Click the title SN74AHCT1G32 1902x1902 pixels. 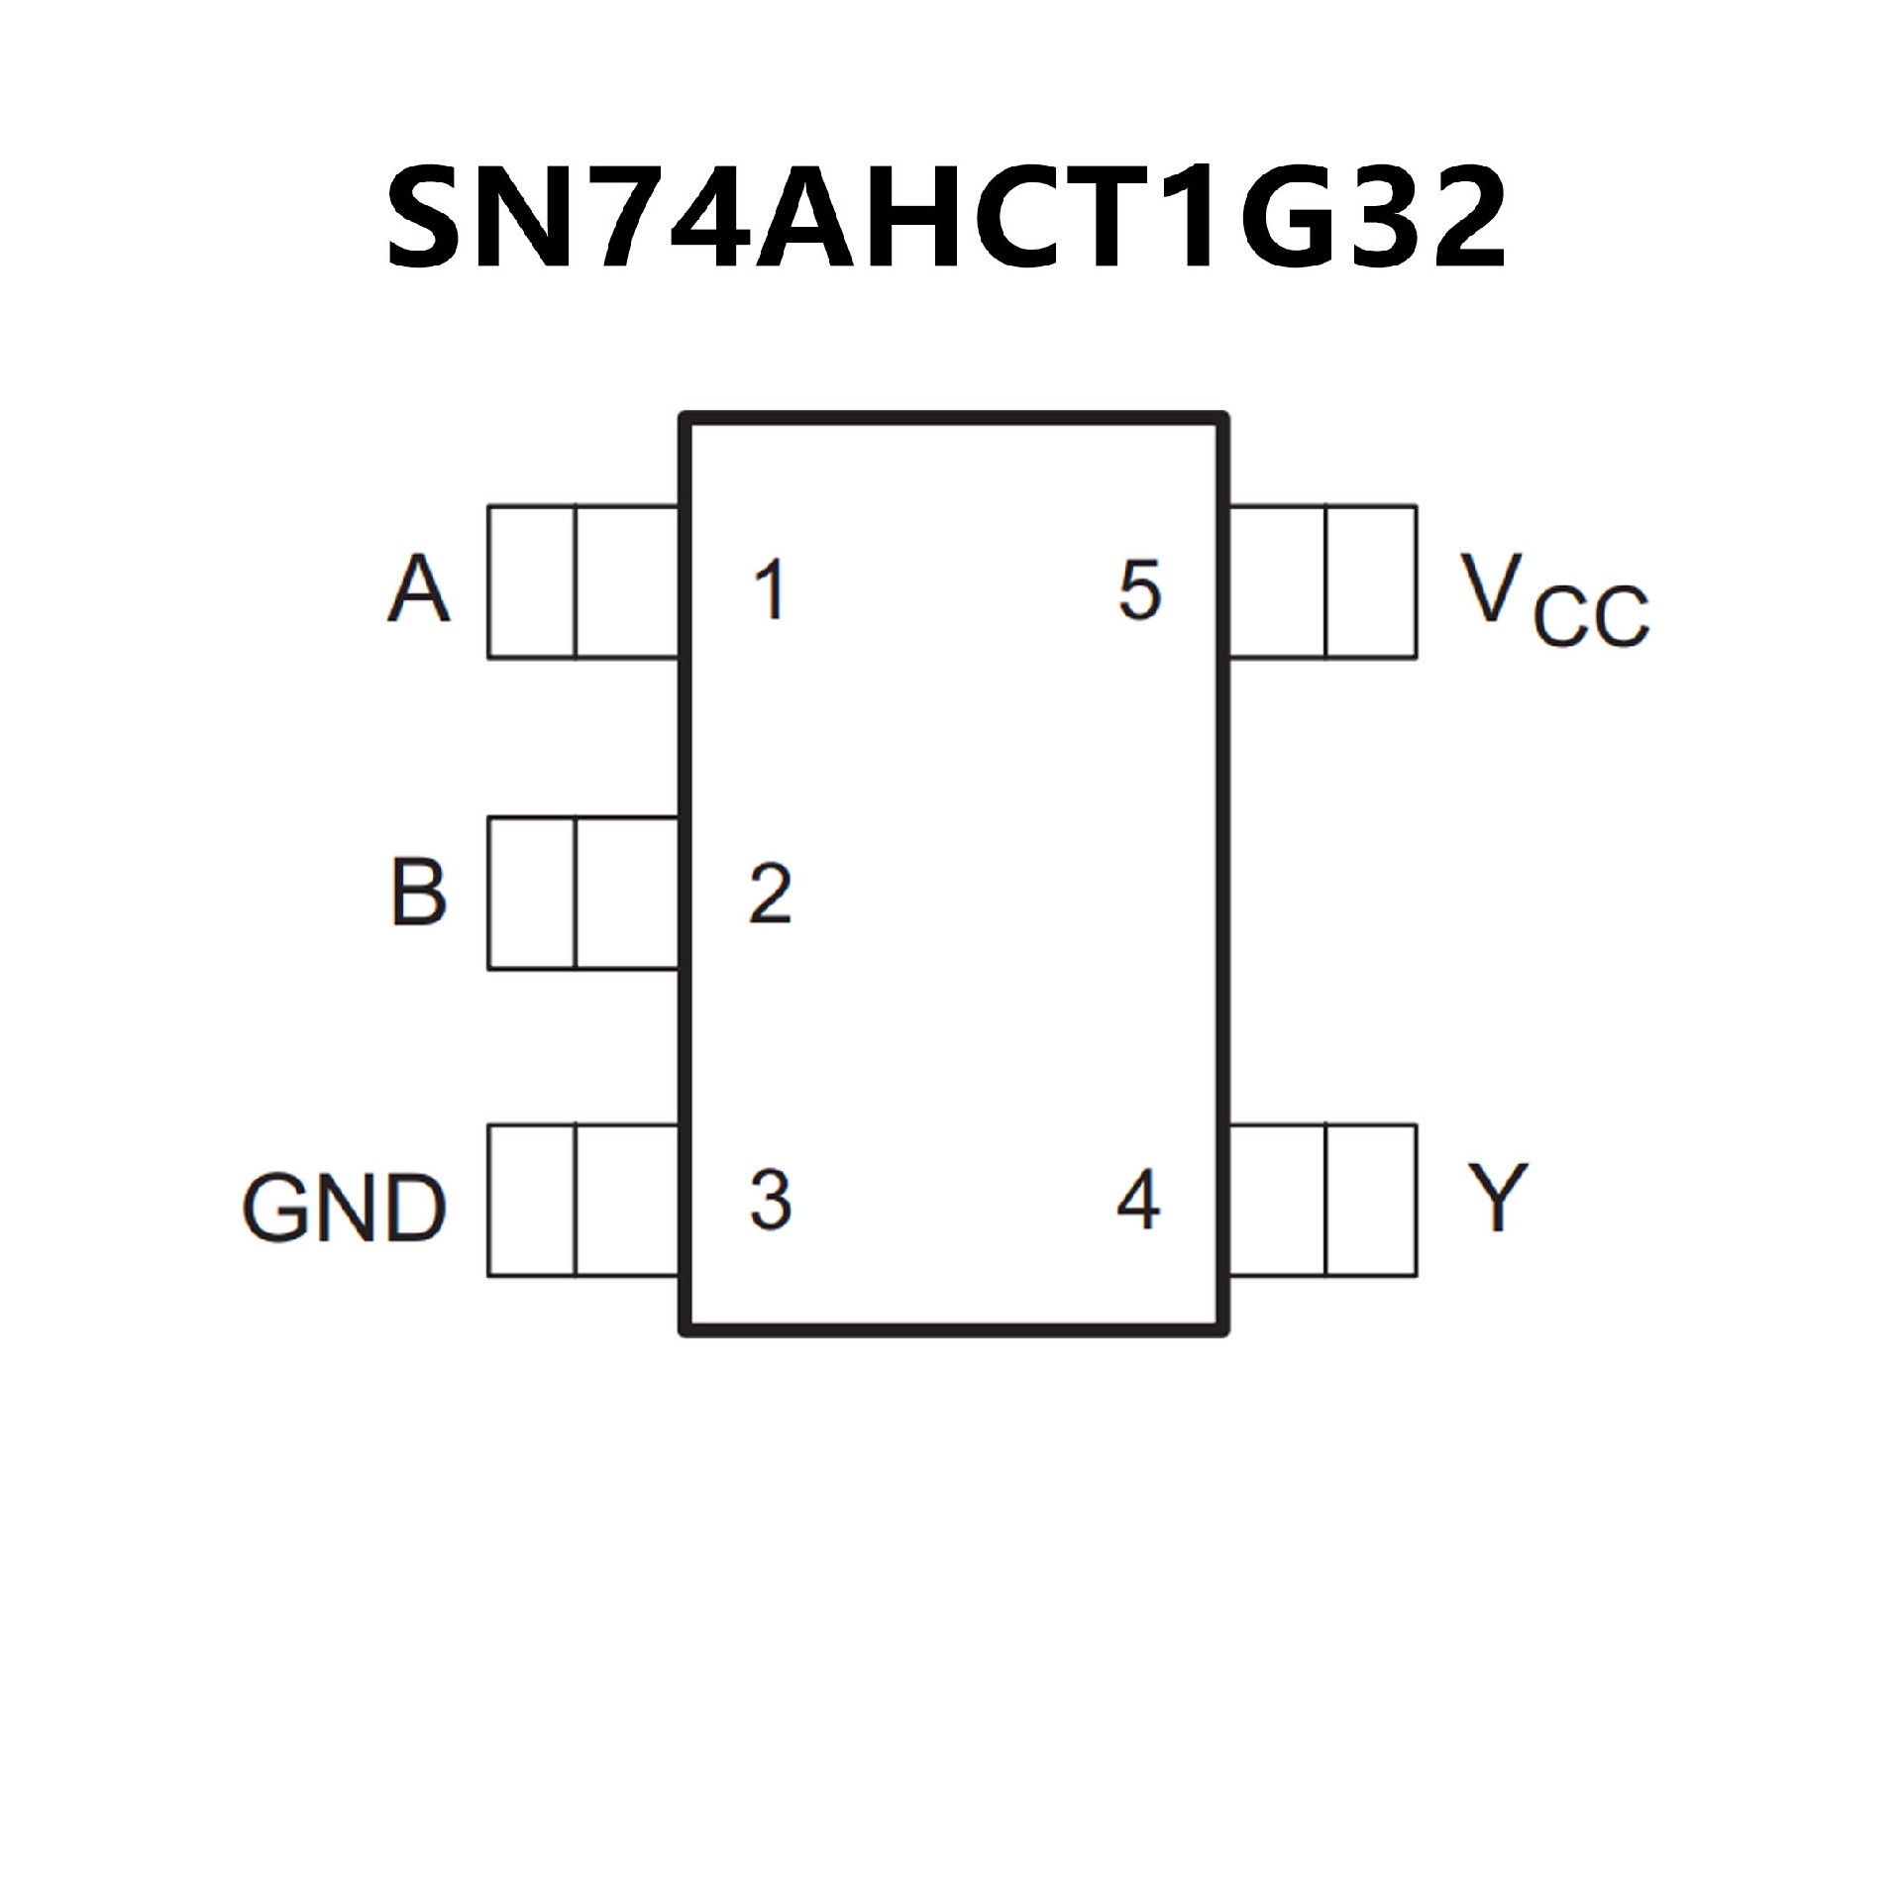946,216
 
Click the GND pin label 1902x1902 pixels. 344,1208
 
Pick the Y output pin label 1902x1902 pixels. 1499,1196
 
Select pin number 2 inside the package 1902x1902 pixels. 770,894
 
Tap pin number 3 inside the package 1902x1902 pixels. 770,1200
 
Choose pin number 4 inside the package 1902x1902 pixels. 1138,1200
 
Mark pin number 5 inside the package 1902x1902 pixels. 1139,590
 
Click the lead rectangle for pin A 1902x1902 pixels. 582,581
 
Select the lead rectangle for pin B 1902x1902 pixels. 582,893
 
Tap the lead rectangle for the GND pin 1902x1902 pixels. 582,1200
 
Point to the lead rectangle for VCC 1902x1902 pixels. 1322,581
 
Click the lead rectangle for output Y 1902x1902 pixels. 1322,1200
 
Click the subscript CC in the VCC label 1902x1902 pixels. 1591,616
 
